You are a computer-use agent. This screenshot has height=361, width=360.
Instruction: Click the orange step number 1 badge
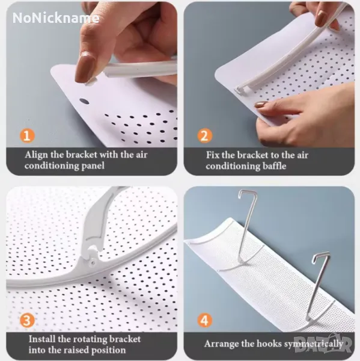point(27,135)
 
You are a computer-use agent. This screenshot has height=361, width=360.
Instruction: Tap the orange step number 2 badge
point(204,135)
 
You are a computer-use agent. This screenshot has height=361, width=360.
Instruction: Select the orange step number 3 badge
point(27,320)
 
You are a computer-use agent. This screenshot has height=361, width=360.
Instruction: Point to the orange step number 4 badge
point(204,320)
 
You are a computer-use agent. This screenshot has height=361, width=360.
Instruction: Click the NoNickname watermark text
point(56,17)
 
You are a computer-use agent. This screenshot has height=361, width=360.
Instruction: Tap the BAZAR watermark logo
point(323,344)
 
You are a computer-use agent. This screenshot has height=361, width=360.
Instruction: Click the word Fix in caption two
point(212,155)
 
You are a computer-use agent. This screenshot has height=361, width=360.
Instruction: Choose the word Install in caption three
point(41,339)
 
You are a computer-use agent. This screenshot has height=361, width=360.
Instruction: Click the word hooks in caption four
point(269,344)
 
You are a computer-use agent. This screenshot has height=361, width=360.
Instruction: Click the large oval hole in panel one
point(84,102)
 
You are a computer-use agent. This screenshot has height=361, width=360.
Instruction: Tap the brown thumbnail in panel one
point(85,67)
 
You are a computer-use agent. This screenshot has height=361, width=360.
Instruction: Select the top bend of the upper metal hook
point(248,193)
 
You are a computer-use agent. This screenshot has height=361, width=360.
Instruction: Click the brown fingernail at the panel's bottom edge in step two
point(261,105)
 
